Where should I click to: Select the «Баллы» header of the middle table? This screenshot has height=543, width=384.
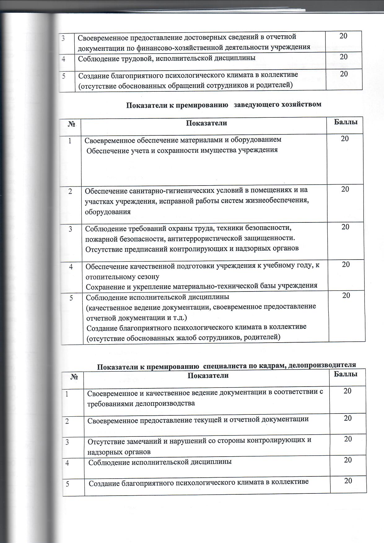[346, 122]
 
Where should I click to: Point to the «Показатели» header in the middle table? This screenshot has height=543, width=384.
[207, 123]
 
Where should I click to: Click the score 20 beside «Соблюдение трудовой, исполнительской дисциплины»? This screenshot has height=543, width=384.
[343, 57]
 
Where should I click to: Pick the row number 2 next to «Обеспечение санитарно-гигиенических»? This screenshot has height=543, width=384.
[70, 191]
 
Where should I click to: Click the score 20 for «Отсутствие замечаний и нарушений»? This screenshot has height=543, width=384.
[348, 439]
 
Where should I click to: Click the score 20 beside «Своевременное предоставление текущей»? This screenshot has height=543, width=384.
[348, 418]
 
